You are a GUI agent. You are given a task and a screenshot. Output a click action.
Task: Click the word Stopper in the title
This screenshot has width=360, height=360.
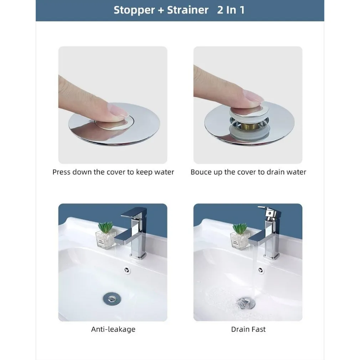[134, 10]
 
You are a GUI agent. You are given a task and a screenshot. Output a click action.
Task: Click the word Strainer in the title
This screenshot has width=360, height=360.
[188, 10]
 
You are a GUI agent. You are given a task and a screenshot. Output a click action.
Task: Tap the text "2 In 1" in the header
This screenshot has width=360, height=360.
[231, 10]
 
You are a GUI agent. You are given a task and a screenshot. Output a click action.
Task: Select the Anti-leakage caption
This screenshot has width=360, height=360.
[113, 329]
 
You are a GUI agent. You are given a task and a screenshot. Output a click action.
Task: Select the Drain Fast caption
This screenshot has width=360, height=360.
[248, 329]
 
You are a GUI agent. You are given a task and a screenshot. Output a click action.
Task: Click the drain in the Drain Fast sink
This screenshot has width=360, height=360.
[245, 303]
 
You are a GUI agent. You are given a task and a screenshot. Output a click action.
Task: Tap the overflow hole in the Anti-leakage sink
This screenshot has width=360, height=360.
[126, 270]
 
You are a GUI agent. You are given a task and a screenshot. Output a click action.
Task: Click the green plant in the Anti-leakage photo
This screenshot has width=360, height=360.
[106, 227]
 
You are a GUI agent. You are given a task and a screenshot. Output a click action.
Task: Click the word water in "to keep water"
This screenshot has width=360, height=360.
[164, 172]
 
